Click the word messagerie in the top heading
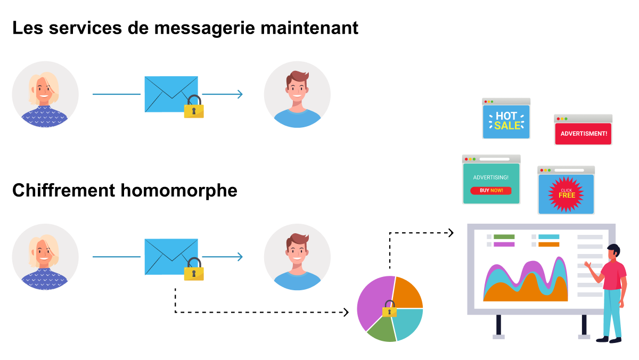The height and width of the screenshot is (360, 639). point(205,29)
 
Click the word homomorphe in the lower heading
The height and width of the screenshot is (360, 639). point(179,191)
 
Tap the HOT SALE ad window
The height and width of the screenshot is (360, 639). point(506,119)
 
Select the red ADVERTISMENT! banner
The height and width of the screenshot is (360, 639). point(584,134)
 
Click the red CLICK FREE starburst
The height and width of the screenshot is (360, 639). point(566,194)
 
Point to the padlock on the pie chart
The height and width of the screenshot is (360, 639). point(389,309)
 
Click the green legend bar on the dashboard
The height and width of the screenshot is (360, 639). point(504,237)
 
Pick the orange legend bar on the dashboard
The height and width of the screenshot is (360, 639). point(549,244)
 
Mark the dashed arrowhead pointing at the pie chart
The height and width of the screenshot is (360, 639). point(346,313)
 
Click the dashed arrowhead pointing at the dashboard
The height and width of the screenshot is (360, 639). point(451,233)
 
